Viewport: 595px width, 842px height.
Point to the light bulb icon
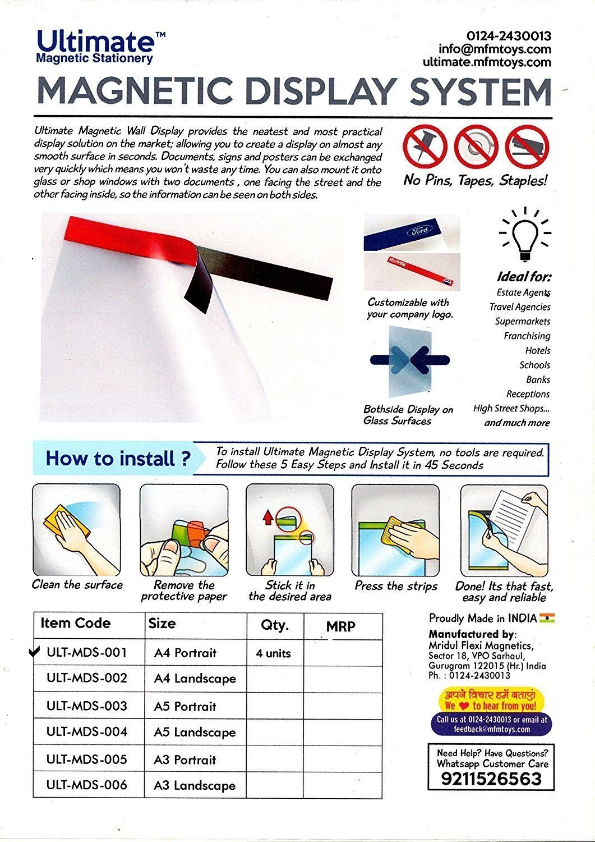coord(525,236)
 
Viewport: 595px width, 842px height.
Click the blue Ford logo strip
coord(411,232)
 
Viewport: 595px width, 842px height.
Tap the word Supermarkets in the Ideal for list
coord(522,321)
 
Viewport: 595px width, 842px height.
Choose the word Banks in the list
coord(538,379)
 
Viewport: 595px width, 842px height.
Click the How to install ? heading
coord(118,458)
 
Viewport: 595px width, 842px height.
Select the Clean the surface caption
coord(77,584)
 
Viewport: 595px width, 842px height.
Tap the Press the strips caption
coord(396,586)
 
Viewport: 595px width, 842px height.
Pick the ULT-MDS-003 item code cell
coord(87,706)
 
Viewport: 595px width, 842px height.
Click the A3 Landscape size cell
coord(195,785)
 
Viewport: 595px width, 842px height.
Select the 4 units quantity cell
coord(274,653)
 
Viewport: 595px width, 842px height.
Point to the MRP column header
coord(340,626)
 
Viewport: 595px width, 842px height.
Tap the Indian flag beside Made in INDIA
coord(547,618)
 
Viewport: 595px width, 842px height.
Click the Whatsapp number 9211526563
coord(491,779)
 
